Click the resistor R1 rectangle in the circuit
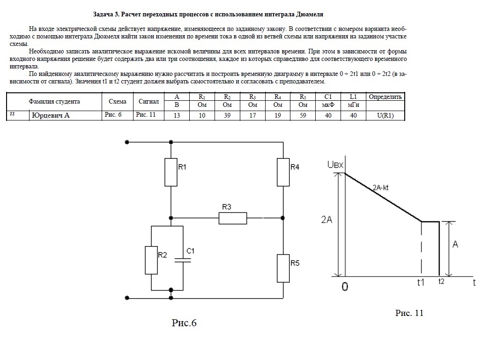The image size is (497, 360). [171, 172]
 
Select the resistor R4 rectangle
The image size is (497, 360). [283, 172]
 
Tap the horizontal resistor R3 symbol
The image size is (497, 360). [233, 218]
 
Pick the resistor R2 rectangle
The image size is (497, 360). [151, 260]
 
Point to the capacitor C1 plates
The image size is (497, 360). [183, 261]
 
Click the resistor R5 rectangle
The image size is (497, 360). [283, 268]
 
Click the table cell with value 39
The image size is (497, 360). [227, 115]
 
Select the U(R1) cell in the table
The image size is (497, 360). [386, 115]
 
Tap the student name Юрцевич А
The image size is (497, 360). [51, 115]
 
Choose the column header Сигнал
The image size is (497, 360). [148, 102]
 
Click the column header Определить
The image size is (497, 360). [385, 97]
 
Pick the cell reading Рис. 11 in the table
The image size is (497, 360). [146, 114]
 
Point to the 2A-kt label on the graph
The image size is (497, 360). [380, 187]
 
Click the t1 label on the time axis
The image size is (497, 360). [421, 282]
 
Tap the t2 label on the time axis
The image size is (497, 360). [441, 281]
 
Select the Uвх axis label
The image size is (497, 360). [335, 165]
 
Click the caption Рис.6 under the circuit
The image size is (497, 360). [184, 323]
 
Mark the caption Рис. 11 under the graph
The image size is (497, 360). [409, 313]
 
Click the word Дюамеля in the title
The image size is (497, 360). [310, 14]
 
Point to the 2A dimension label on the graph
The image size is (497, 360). [327, 219]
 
